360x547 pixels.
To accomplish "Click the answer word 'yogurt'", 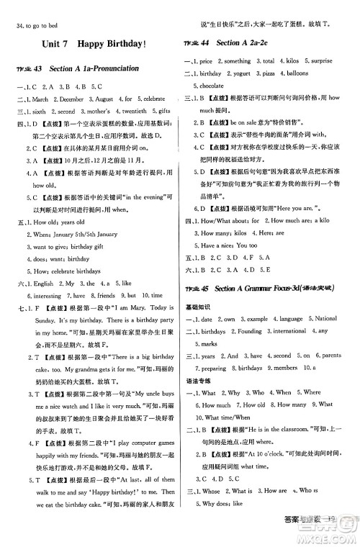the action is (246, 73).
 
